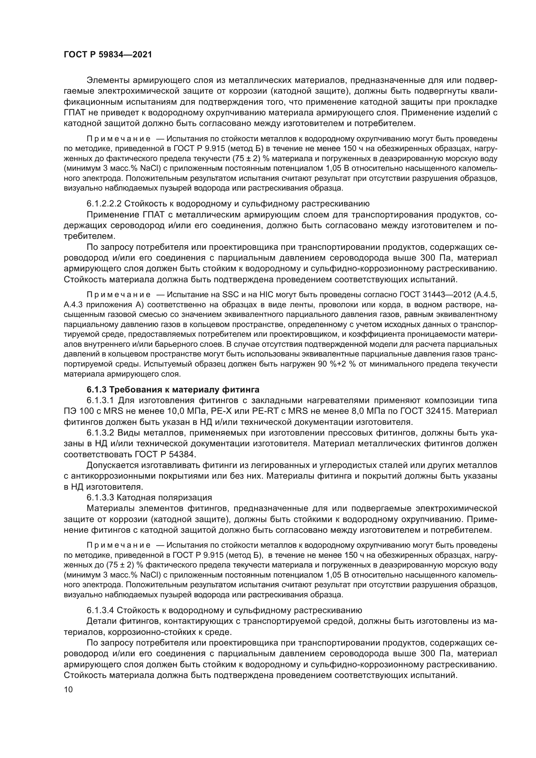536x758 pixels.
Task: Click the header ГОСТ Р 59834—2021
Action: point(108,55)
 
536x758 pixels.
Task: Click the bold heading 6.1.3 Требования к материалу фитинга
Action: point(173,390)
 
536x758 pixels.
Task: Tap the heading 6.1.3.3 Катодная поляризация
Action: point(149,497)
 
